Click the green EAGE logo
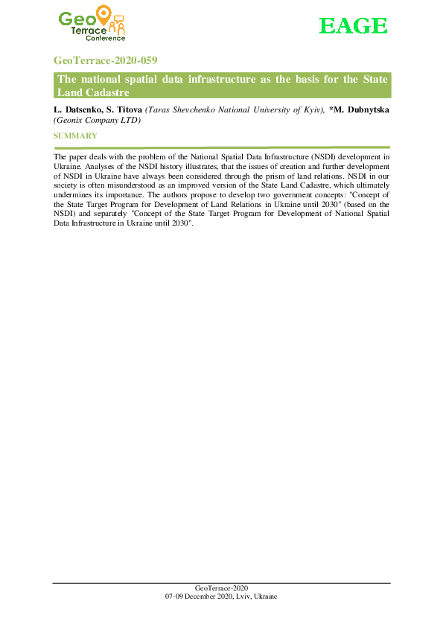point(354,26)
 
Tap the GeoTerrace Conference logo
point(92,26)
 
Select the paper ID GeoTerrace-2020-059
point(105,60)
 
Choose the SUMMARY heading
point(75,136)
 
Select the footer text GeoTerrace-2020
point(221,588)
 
